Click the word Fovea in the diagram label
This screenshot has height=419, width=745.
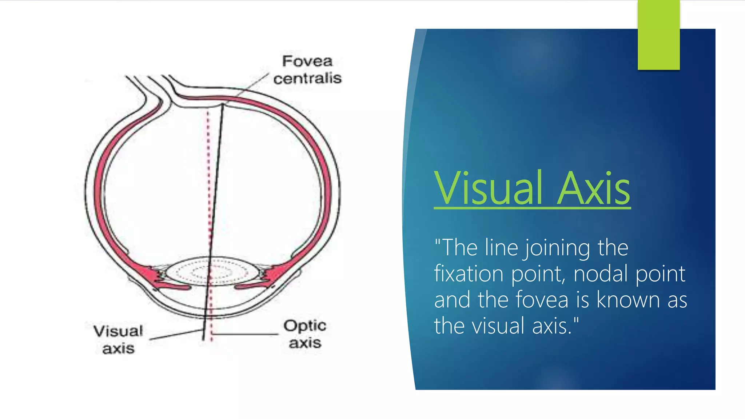(307, 61)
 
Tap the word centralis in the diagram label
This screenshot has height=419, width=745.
(307, 78)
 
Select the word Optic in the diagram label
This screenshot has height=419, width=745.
(305, 326)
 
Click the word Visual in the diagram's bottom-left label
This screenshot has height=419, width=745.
(118, 331)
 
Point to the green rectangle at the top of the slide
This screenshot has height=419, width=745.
(658, 35)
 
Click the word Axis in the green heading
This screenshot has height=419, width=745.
(593, 189)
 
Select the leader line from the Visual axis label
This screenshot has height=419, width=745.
(176, 335)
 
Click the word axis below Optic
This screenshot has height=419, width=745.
(305, 343)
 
